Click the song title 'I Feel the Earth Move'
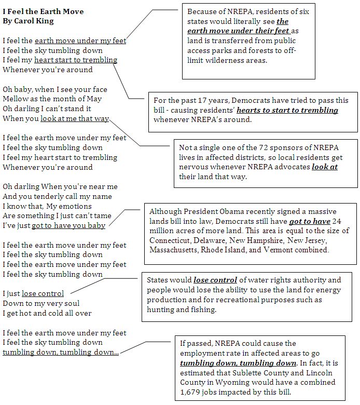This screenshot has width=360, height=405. pos(43,11)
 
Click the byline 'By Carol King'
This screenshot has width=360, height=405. pos(28,21)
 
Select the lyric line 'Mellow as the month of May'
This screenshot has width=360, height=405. pos(52,99)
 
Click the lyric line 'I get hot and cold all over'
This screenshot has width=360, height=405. pos(47,313)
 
